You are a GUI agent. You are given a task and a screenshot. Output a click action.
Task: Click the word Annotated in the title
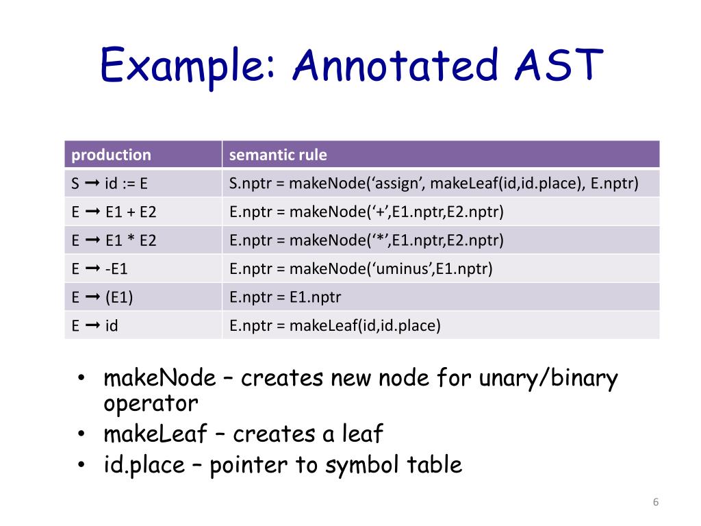396,66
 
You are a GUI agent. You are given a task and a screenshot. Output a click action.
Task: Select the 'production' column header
111,155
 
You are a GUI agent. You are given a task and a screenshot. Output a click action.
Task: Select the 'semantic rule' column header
278,155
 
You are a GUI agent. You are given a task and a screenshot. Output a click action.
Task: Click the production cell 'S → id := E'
110,184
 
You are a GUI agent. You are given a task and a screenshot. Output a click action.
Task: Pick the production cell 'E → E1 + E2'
114,212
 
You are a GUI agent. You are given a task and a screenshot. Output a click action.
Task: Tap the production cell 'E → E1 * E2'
114,240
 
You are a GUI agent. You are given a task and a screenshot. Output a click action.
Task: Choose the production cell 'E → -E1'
100,269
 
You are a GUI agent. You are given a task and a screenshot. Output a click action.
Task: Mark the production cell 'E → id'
95,326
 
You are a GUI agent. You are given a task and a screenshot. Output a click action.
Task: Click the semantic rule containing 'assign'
434,184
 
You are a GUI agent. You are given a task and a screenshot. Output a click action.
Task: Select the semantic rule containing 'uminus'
361,269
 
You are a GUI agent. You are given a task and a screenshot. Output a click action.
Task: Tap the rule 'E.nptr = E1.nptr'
285,297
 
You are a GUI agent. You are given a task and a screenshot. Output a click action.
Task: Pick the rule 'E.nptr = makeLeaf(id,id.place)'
335,326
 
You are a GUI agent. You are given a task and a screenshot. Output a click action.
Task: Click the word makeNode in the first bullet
158,378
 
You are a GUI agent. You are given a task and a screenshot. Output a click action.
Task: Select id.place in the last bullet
144,466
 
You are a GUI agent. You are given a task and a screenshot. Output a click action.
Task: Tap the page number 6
655,503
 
